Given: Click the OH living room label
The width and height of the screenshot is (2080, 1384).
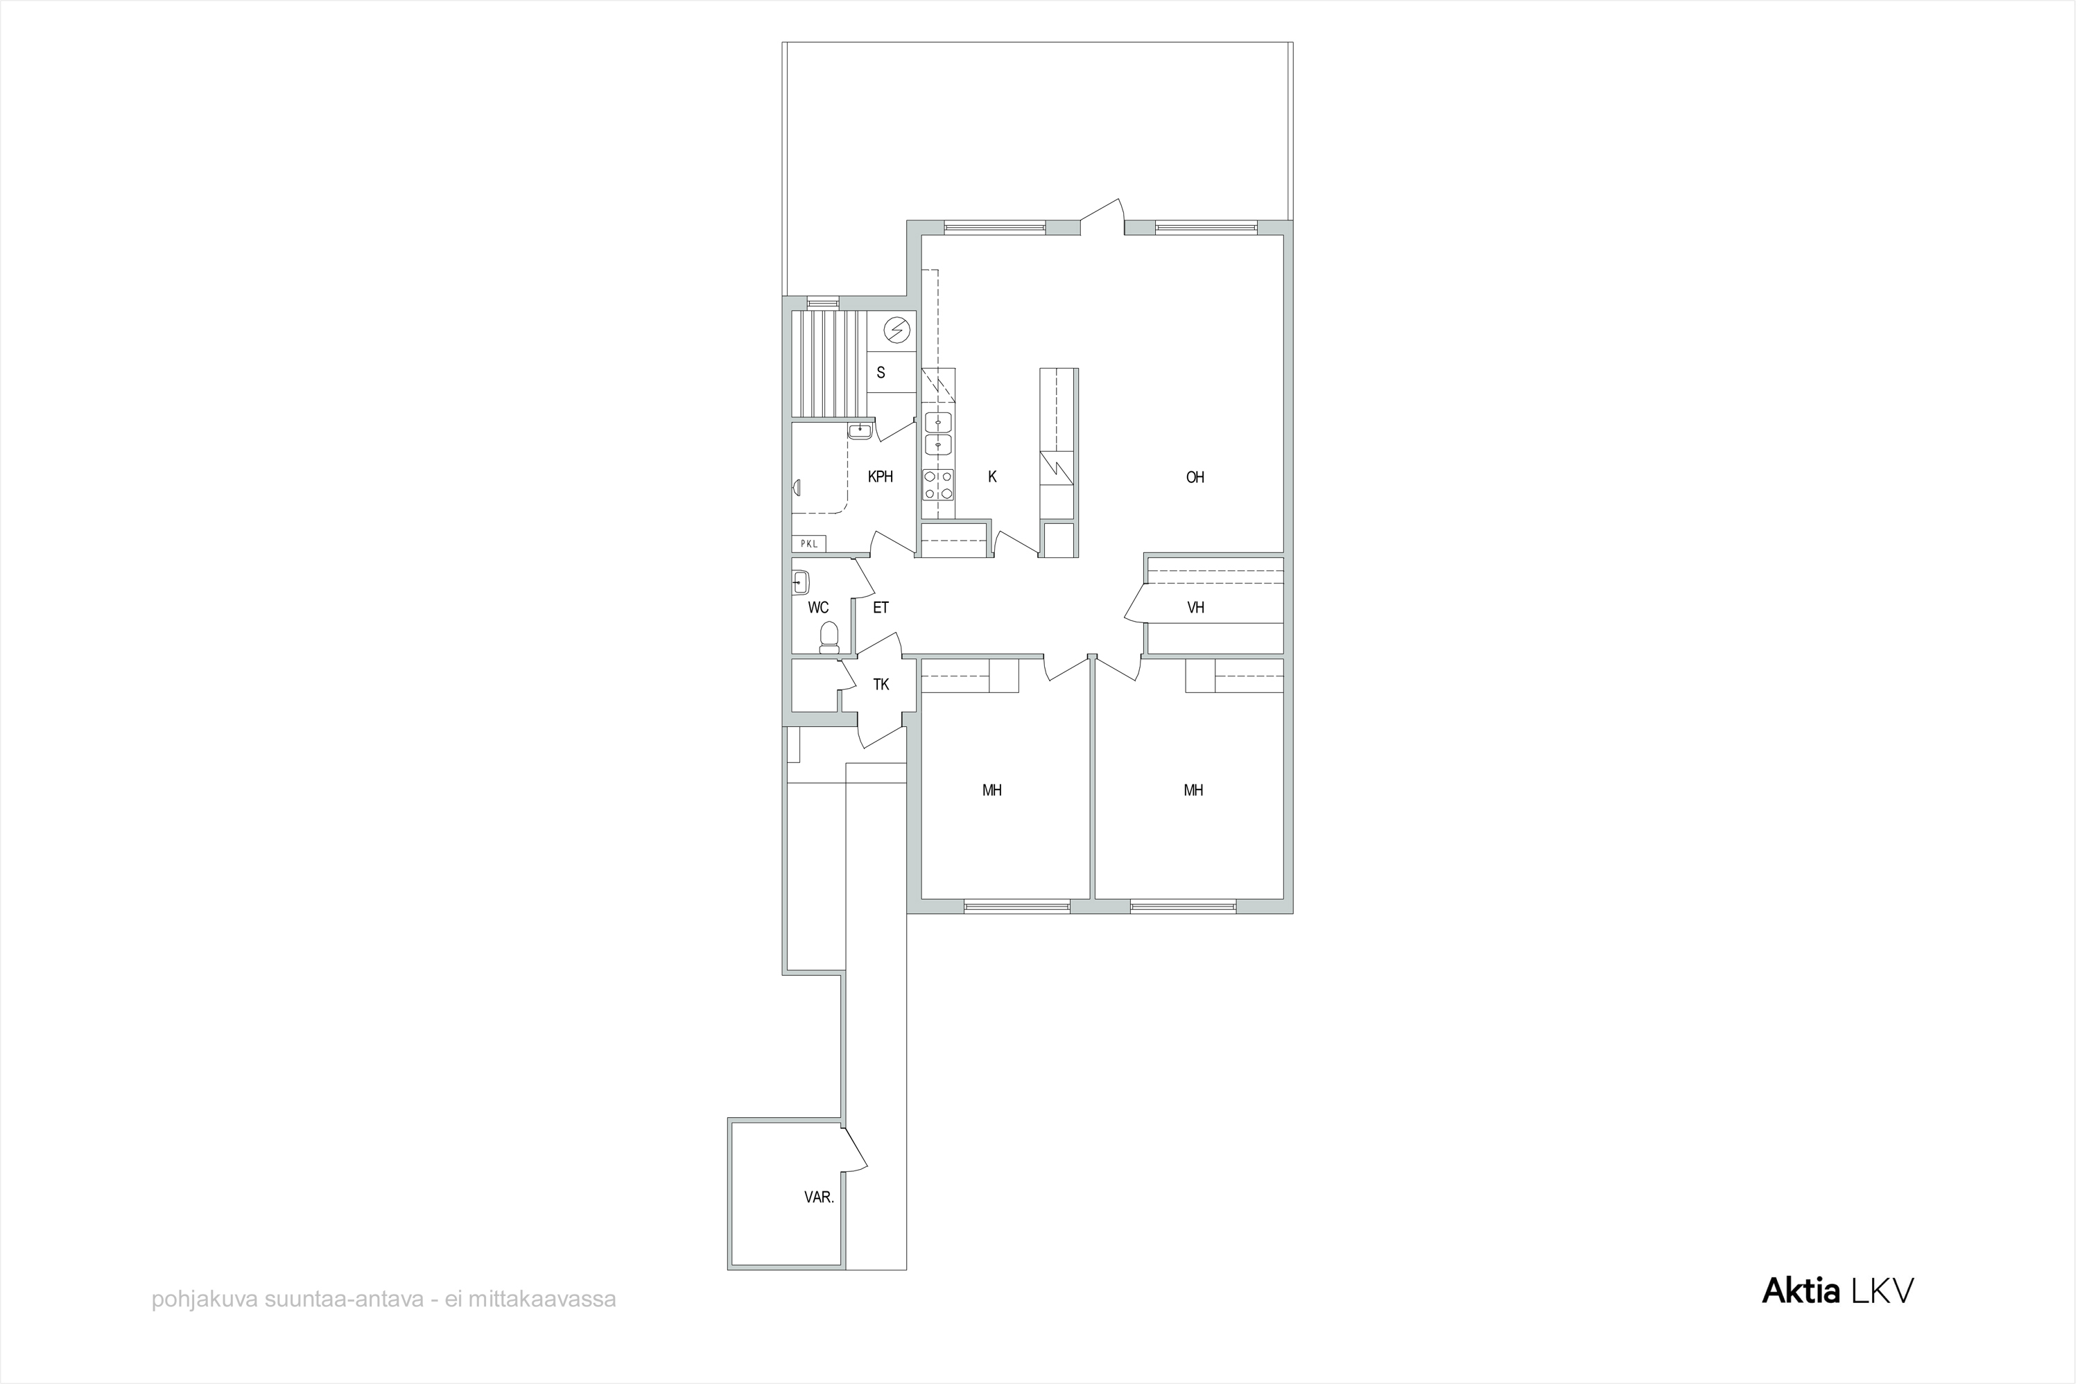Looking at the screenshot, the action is click(x=1195, y=478).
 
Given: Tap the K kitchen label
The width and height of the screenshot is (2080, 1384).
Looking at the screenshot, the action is click(x=992, y=477).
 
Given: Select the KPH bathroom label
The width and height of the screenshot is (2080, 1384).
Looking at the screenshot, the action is click(x=881, y=477).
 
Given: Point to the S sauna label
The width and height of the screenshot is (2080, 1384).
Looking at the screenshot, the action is click(x=881, y=372).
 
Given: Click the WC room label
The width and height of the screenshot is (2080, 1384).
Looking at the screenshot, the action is click(x=818, y=607).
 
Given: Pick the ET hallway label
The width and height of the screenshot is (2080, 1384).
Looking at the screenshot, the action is click(x=881, y=607).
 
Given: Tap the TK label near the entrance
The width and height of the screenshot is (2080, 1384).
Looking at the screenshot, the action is click(x=881, y=684).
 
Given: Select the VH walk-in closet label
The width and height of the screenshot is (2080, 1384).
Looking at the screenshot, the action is click(x=1195, y=607).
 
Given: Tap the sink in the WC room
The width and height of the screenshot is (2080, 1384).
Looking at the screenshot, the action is click(x=801, y=581).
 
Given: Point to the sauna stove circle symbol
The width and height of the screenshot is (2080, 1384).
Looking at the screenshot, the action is click(x=897, y=330).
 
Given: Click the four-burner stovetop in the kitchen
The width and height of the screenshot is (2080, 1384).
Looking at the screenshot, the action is click(x=937, y=484).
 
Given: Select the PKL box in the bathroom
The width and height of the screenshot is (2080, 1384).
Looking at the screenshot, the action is click(x=808, y=544).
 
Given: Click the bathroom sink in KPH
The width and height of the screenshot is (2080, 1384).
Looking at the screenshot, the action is click(x=859, y=432).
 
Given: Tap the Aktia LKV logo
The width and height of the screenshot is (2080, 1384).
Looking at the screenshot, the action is click(x=1838, y=1290).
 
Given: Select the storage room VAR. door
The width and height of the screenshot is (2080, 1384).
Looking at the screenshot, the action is click(x=853, y=1150).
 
